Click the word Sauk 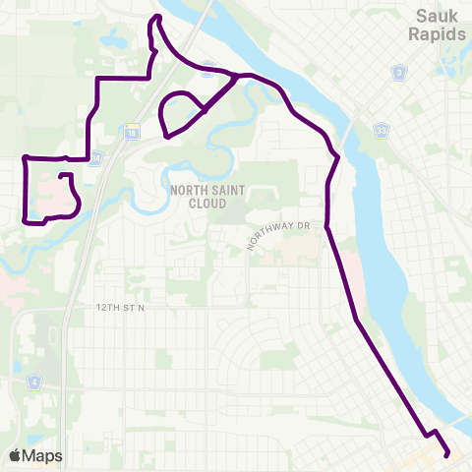point(438,17)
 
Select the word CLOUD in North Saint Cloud point(198,204)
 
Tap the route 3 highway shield point(397,73)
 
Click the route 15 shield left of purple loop point(132,130)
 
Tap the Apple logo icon point(15,455)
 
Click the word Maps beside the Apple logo point(43,455)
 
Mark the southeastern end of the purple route point(448,454)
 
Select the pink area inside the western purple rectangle point(49,202)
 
